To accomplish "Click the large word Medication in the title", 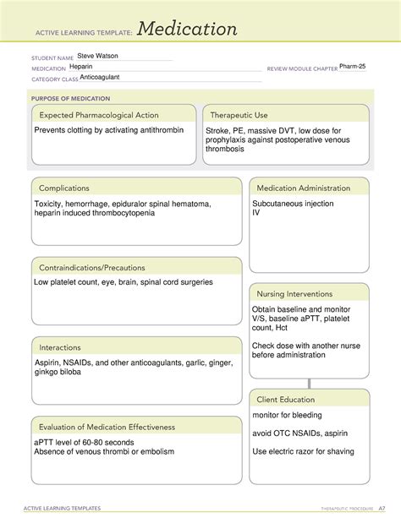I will (x=187, y=30).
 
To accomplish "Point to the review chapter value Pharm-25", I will (x=352, y=66).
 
